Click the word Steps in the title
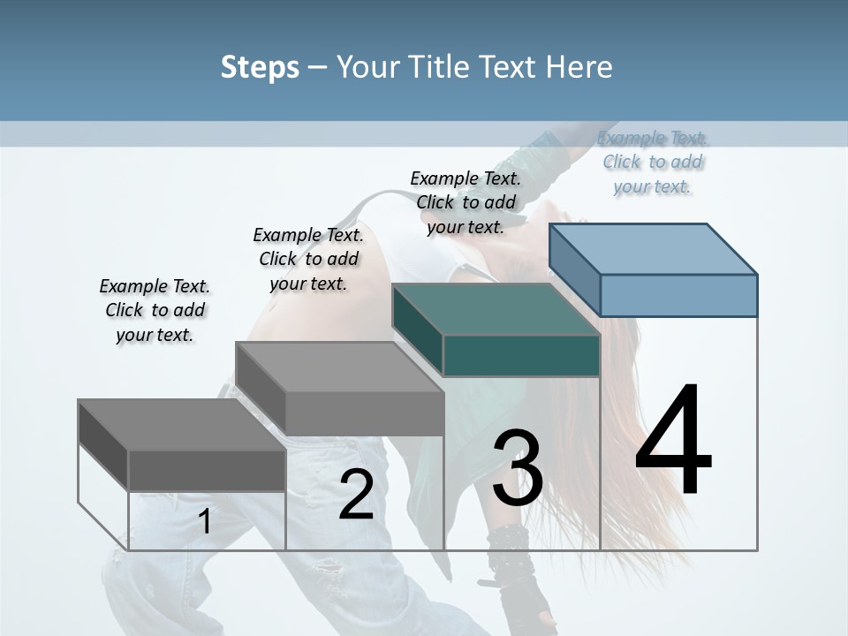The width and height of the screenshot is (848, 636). click(260, 67)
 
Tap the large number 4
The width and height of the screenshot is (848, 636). click(673, 442)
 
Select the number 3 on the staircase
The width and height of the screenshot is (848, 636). click(518, 468)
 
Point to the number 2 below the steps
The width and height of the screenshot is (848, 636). click(356, 495)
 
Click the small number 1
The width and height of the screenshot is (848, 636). click(205, 521)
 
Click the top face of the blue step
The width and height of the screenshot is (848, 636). click(654, 249)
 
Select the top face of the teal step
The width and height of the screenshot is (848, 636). click(496, 309)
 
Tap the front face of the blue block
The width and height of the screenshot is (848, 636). click(678, 295)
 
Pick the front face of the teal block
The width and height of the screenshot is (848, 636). click(521, 355)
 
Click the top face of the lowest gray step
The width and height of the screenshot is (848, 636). click(182, 425)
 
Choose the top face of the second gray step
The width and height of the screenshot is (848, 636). click(340, 367)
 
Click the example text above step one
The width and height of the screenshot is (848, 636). click(155, 310)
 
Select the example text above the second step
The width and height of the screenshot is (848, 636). click(308, 259)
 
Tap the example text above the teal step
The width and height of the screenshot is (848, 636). click(466, 202)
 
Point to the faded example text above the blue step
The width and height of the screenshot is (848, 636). click(653, 162)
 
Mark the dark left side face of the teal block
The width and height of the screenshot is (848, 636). click(418, 329)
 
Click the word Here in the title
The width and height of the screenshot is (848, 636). click(579, 67)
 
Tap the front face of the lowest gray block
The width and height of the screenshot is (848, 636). click(207, 470)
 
